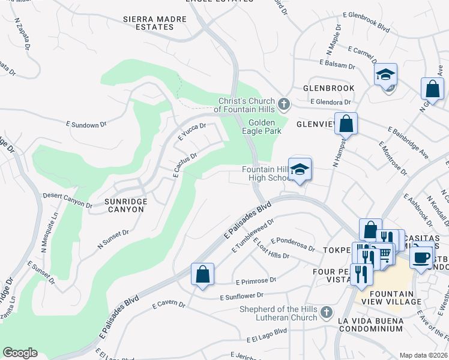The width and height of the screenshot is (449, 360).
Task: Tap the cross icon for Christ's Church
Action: (x=285, y=105)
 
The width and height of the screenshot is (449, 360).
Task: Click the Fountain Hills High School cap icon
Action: (x=300, y=169)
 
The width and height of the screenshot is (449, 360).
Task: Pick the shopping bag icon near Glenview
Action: (x=346, y=124)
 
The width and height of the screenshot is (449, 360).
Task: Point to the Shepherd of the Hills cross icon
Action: (x=326, y=312)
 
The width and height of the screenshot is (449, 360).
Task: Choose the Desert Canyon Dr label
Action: (x=67, y=200)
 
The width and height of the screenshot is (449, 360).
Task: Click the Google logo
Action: (x=20, y=353)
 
